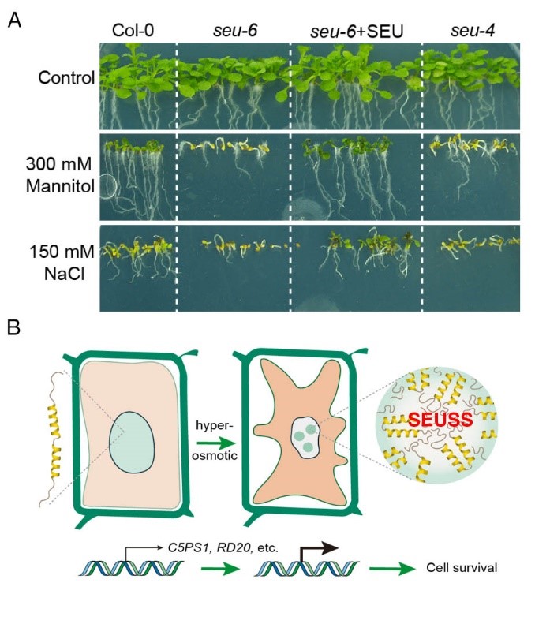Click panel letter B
tap(13, 323)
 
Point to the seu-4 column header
tap(466, 32)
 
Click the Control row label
tap(69, 78)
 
